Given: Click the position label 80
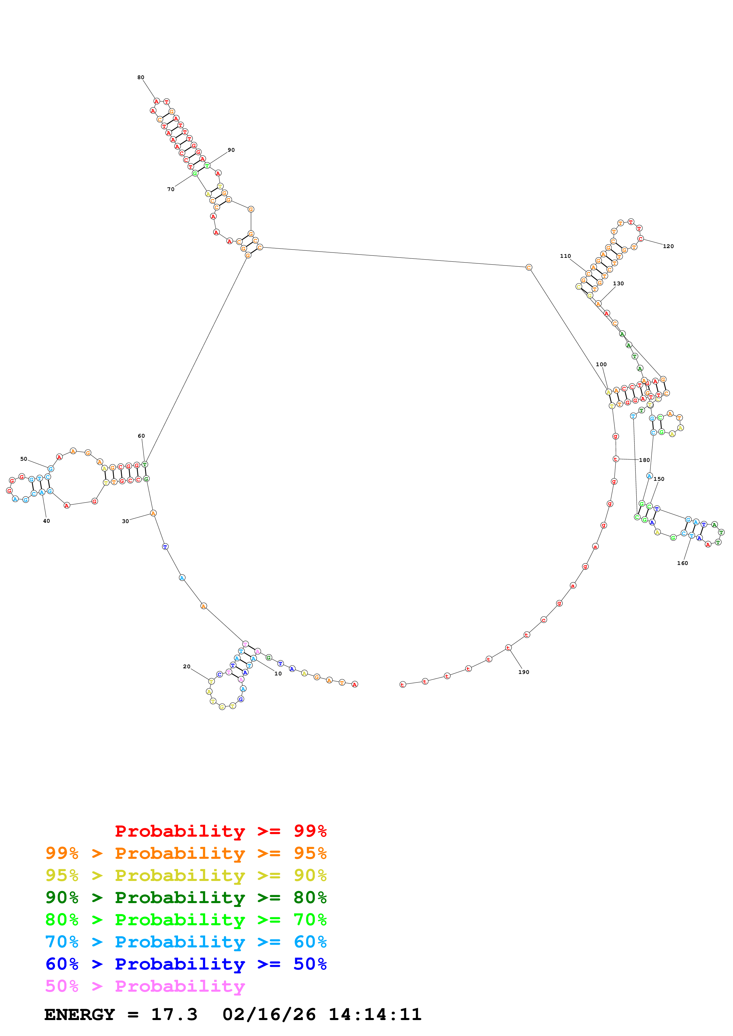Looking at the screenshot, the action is coord(141,78).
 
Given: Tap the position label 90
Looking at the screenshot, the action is coord(231,150).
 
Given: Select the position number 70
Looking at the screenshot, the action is coord(171,190).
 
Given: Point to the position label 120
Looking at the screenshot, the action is coord(669,246).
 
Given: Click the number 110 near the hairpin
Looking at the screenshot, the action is coord(565,256).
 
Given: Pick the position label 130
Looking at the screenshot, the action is coord(618,284).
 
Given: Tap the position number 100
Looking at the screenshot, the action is coord(601,365).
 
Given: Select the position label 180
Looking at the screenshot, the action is coord(645,460).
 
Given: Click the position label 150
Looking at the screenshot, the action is coord(659,479).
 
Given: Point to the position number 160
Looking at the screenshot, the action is coord(682,563).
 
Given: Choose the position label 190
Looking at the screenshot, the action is coord(524,672).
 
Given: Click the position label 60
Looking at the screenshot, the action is coord(141,436).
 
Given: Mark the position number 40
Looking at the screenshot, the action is coord(46,521).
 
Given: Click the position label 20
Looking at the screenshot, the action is coord(187,667).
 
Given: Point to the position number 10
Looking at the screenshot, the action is coord(278,674).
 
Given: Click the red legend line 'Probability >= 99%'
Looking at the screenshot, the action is coord(220,831).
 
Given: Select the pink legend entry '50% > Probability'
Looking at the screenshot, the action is coord(145,986).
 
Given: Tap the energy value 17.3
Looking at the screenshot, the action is coord(174,1015).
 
